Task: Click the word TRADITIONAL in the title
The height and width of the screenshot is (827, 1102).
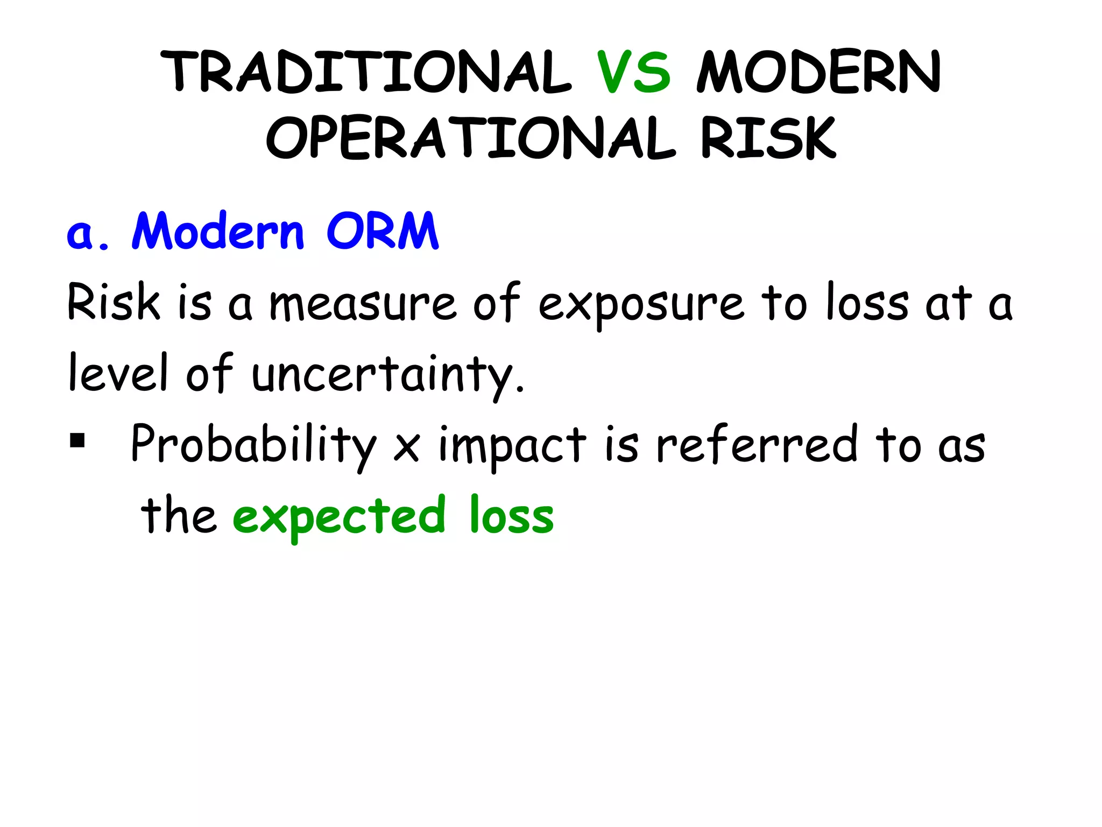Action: point(365,72)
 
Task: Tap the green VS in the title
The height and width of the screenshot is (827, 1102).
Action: point(634,72)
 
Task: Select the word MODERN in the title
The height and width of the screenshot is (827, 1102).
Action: point(818,72)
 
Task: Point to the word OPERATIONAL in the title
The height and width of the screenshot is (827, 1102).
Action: point(470,138)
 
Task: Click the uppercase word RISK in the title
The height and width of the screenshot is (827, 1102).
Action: point(768,138)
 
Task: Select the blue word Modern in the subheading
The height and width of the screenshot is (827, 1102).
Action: point(218,232)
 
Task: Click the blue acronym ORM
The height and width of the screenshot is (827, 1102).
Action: point(383,232)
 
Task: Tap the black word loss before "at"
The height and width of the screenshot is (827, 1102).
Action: point(867,303)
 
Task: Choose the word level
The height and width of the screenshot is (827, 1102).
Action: point(119,373)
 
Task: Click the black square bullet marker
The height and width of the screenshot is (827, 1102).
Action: point(77,441)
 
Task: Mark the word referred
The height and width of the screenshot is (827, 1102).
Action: point(757,445)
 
